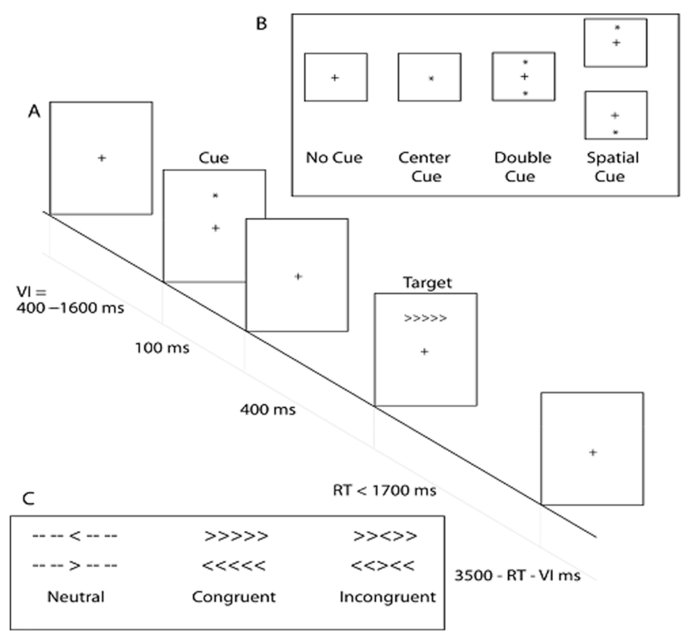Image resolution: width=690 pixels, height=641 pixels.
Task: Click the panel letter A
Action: click(x=34, y=113)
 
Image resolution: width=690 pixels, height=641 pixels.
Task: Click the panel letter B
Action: click(x=260, y=23)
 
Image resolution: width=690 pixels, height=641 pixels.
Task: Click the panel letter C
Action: click(x=28, y=498)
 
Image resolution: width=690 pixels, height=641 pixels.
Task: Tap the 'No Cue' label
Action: click(x=334, y=157)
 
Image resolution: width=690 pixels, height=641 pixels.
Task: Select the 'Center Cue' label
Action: click(x=429, y=167)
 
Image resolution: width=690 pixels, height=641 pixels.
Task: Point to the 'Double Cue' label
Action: click(x=523, y=167)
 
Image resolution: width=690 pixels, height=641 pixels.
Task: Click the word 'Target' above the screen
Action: click(x=425, y=282)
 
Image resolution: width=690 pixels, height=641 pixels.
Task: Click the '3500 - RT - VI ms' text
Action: click(x=515, y=574)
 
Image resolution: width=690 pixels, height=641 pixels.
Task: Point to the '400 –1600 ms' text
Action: click(x=70, y=307)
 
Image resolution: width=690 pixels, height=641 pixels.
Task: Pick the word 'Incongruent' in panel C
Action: click(x=388, y=596)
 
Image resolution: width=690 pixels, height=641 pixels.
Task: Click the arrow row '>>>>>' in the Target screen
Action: click(x=425, y=318)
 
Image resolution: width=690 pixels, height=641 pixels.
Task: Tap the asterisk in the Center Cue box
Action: click(x=430, y=79)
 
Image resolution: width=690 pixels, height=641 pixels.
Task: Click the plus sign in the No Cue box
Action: click(x=335, y=78)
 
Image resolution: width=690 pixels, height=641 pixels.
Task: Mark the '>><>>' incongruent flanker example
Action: click(x=389, y=535)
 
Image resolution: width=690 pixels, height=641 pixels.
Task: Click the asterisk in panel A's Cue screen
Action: click(x=215, y=196)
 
